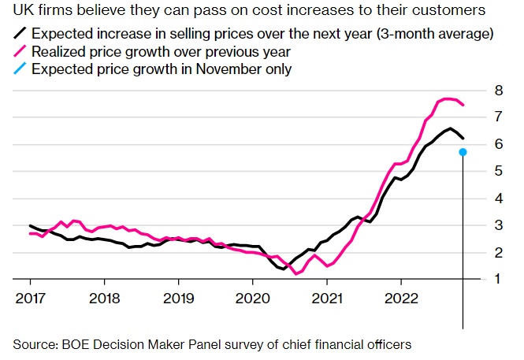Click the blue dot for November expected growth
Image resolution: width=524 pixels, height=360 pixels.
[463, 152]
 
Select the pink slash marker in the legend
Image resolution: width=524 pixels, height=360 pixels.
[17, 51]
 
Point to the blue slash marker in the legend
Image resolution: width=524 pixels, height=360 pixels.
[17, 69]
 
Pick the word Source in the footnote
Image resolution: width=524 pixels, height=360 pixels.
[34, 344]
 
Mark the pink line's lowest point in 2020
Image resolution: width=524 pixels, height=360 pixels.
[295, 274]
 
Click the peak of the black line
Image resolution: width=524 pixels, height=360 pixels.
[450, 128]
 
